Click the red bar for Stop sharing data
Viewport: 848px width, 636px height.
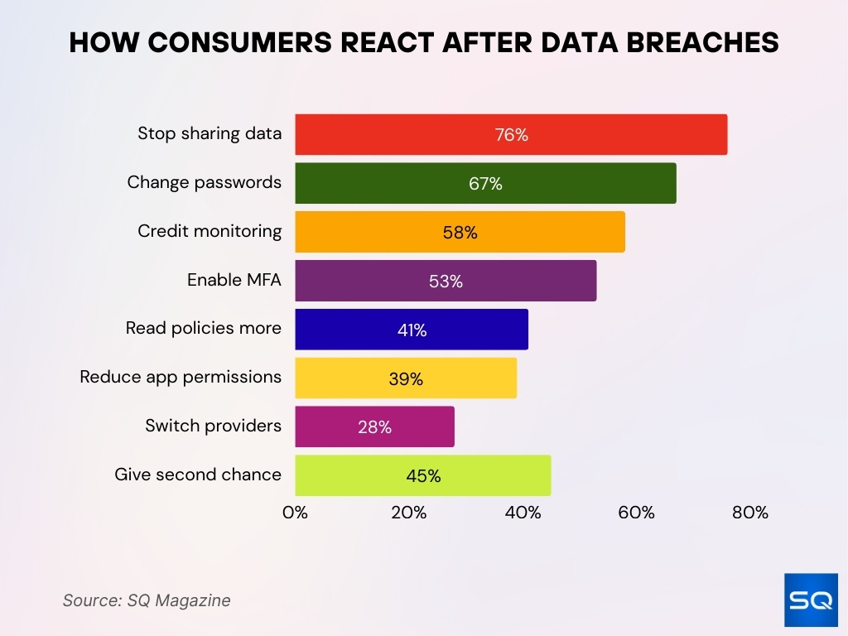click(511, 134)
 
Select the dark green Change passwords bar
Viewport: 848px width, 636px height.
click(485, 183)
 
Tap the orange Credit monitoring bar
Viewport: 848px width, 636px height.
click(460, 232)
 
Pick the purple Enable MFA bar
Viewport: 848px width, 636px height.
click(446, 281)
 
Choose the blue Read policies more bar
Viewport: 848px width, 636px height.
click(412, 330)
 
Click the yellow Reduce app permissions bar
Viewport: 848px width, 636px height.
click(406, 378)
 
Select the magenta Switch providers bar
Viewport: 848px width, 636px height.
click(374, 426)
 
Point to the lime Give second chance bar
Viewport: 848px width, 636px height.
click(422, 475)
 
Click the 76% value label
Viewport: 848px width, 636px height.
click(511, 135)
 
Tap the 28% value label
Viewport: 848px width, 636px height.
click(374, 427)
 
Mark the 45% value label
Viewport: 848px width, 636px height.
click(422, 476)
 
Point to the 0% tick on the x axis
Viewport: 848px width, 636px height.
click(295, 513)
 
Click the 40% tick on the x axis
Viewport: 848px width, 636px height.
click(523, 513)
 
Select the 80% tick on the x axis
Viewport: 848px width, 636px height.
click(750, 513)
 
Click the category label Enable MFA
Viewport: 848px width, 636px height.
click(234, 280)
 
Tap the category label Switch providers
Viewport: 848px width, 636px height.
click(213, 426)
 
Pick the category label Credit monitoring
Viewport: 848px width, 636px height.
click(210, 231)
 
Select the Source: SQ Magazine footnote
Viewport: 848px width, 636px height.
click(147, 600)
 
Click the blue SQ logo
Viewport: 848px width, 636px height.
click(810, 600)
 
